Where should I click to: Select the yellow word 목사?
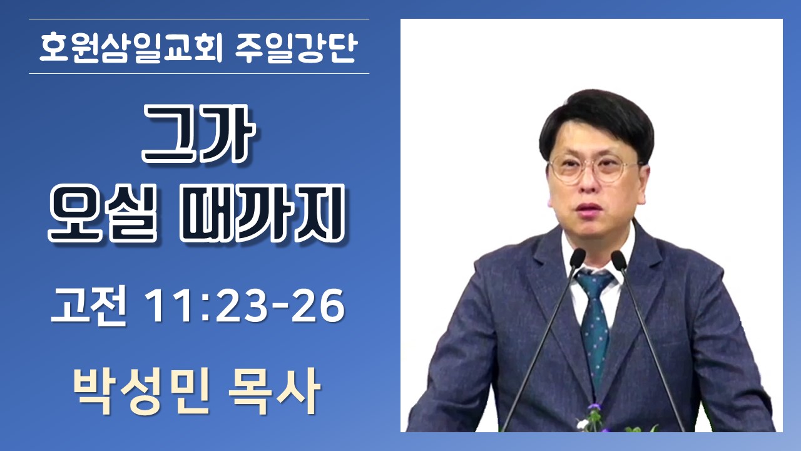(x=275, y=392)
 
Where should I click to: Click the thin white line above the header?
(x=199, y=19)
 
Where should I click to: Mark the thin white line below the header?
(x=199, y=74)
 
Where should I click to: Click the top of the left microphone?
(x=577, y=257)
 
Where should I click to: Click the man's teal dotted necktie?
(x=594, y=329)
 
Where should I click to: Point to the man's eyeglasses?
(x=594, y=169)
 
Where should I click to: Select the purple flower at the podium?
(x=594, y=408)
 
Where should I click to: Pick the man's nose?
(x=587, y=184)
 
